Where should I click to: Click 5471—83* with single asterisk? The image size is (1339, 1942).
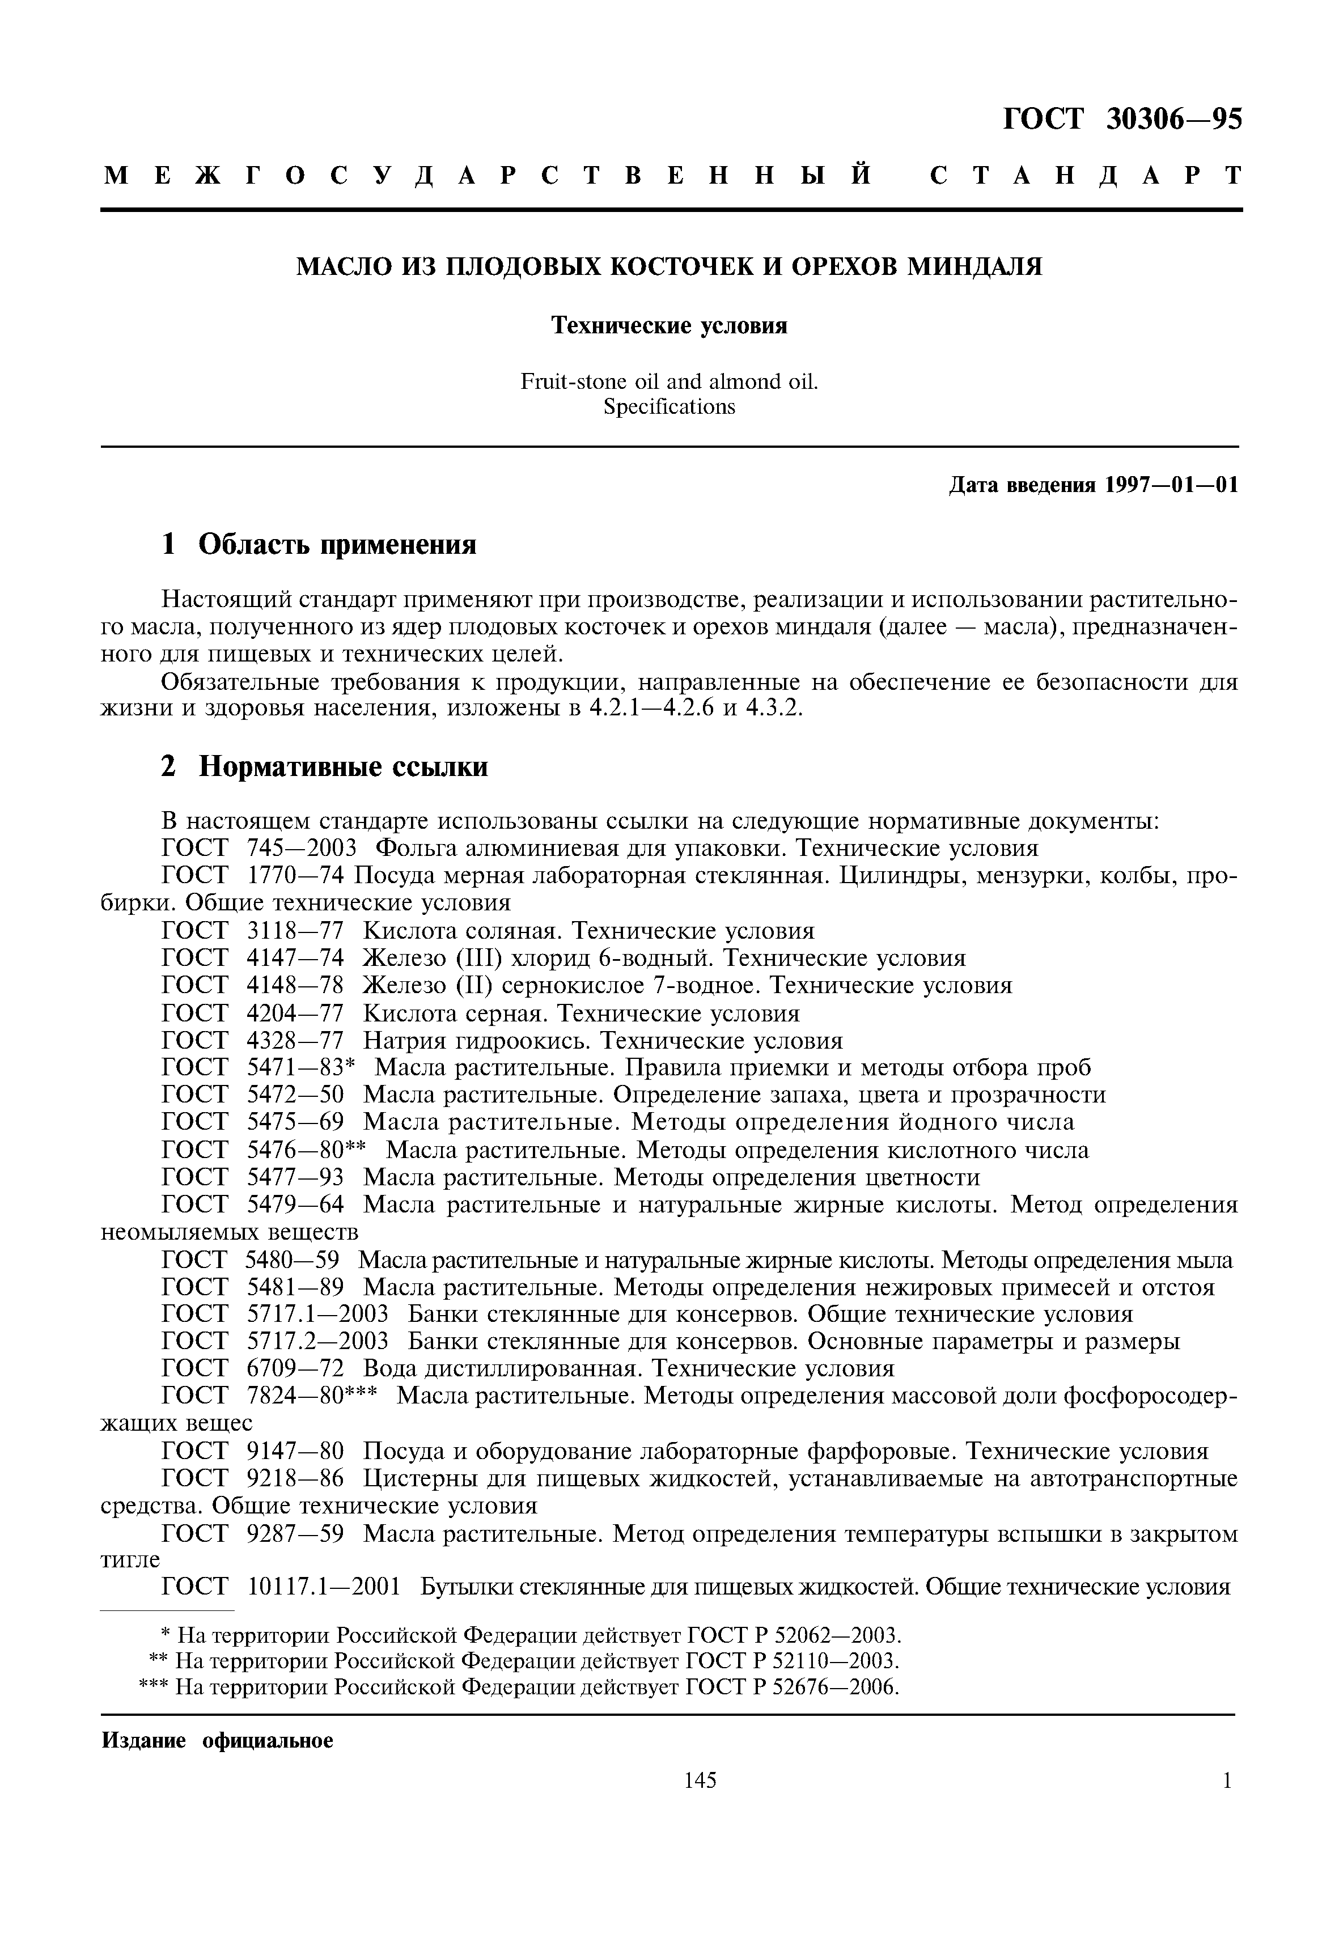(x=302, y=1068)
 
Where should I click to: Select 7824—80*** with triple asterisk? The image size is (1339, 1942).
(x=312, y=1397)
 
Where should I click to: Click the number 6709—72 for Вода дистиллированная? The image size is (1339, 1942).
(x=295, y=1369)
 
